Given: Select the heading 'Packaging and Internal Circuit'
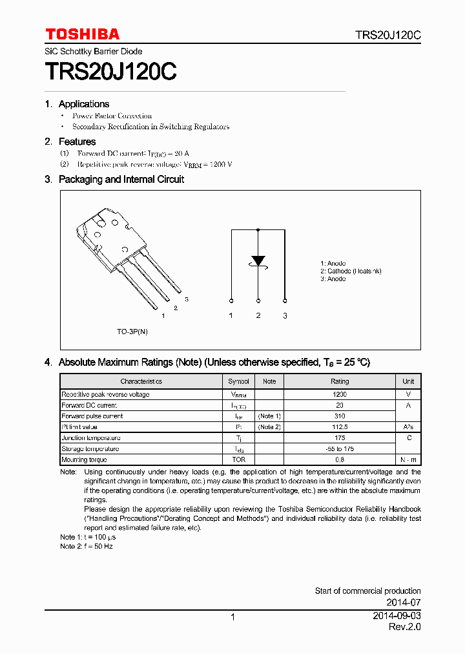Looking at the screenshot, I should pyautogui.click(x=121, y=180).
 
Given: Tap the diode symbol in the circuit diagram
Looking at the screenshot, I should pyautogui.click(x=258, y=261).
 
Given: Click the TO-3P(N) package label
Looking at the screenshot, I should pyautogui.click(x=132, y=332).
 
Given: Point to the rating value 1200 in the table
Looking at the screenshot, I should pyautogui.click(x=340, y=394).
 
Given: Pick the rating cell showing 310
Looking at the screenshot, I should pyautogui.click(x=340, y=416).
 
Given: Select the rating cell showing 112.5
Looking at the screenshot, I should pyautogui.click(x=340, y=427).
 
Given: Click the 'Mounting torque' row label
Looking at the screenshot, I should pyautogui.click(x=84, y=460).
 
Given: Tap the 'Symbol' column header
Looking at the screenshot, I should pyautogui.click(x=238, y=381).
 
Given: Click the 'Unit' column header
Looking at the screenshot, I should pyautogui.click(x=408, y=381).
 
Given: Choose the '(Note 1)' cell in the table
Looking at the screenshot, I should pyautogui.click(x=269, y=416).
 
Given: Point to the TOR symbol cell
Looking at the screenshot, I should pyautogui.click(x=238, y=460).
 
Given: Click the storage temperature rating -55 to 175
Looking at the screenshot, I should pyautogui.click(x=340, y=449).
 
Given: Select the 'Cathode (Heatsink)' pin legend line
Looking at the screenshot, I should pyautogui.click(x=351, y=271).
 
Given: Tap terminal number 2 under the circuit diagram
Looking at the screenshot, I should pyautogui.click(x=258, y=315).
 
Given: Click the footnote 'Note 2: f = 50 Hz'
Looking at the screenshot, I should pyautogui.click(x=87, y=546).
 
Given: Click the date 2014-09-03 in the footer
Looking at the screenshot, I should pyautogui.click(x=397, y=616).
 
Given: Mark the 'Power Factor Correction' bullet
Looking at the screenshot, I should pyautogui.click(x=112, y=116).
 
